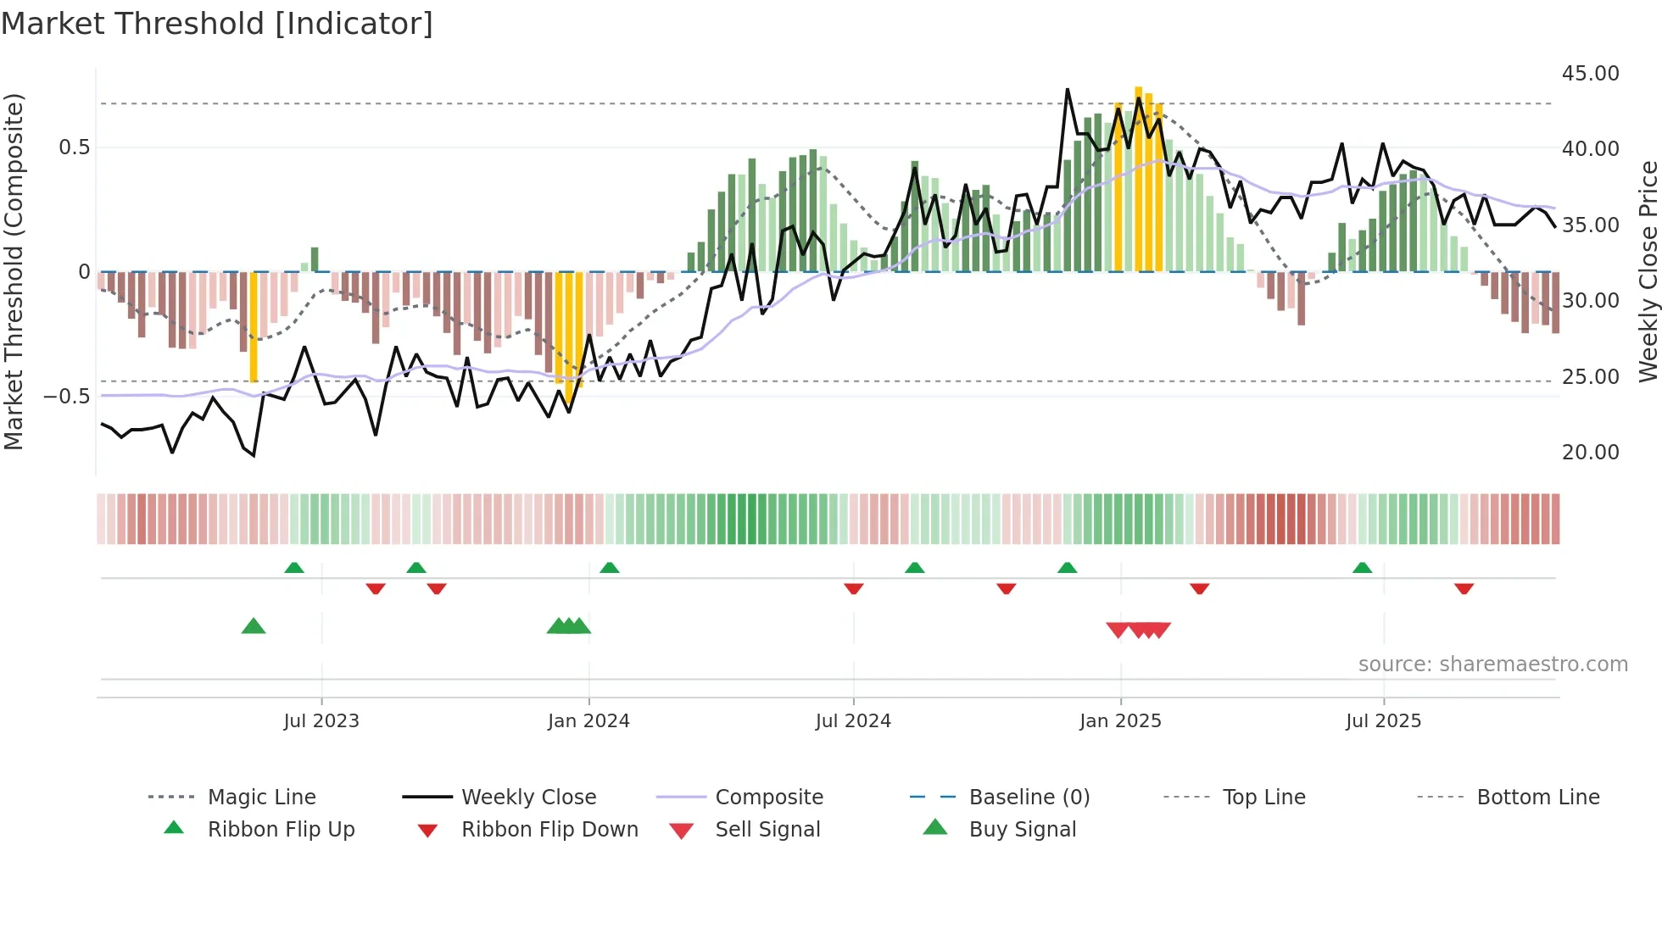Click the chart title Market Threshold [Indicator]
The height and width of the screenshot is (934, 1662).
point(217,24)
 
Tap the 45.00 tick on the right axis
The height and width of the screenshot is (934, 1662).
point(1590,74)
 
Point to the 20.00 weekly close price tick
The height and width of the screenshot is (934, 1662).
point(1590,453)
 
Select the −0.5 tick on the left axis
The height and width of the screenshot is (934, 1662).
point(67,397)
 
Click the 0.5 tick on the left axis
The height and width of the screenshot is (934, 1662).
point(74,147)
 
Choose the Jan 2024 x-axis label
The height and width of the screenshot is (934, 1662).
point(588,721)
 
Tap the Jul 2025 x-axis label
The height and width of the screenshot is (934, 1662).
point(1383,721)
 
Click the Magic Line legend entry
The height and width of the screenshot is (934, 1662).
point(261,798)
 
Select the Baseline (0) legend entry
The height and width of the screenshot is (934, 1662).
point(1029,798)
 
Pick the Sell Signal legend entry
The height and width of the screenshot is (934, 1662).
point(767,830)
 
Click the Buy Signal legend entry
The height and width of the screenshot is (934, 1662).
point(1022,830)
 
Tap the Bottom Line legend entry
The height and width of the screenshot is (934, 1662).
point(1537,798)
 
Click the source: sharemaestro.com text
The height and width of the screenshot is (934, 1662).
point(1492,664)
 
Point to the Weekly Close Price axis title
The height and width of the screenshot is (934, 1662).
point(1647,271)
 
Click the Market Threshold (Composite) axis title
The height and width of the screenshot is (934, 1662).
point(14,271)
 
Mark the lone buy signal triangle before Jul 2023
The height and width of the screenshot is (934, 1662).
point(254,627)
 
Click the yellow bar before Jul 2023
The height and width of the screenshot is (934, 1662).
point(254,326)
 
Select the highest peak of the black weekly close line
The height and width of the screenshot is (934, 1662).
point(1068,90)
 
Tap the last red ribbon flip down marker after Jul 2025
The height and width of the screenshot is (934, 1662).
point(1464,588)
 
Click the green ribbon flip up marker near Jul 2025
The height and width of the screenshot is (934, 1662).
point(1362,568)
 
